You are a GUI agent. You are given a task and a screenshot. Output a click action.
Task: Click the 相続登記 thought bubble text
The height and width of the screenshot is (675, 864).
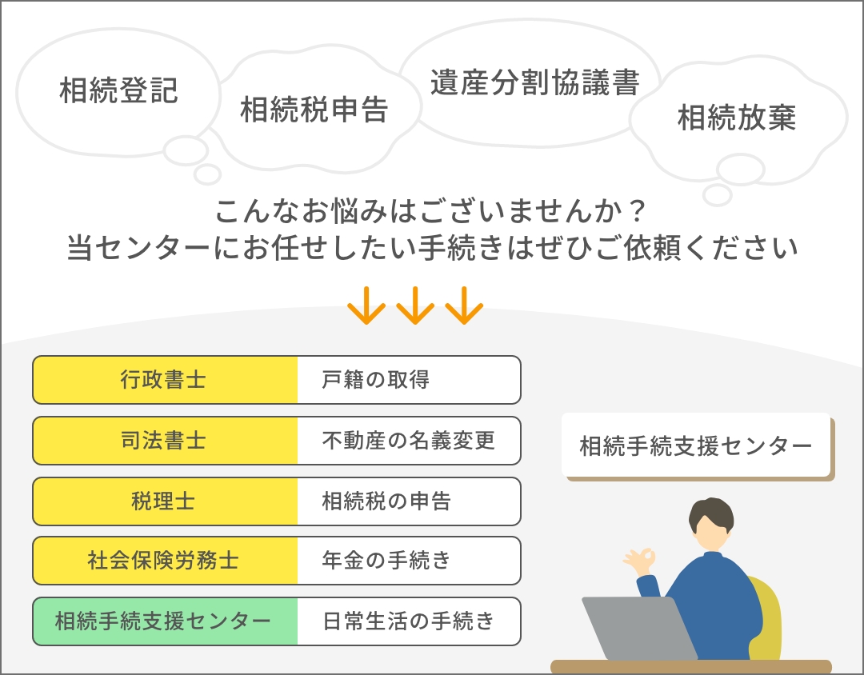tap(118, 90)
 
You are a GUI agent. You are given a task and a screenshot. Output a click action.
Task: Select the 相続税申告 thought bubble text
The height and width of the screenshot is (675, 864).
tap(314, 109)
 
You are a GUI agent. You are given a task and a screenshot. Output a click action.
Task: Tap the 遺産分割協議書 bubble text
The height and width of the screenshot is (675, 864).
tap(534, 82)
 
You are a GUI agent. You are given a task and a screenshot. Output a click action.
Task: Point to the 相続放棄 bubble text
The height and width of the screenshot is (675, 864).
tap(737, 118)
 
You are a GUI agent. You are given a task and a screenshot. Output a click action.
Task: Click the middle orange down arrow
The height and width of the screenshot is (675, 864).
tap(415, 305)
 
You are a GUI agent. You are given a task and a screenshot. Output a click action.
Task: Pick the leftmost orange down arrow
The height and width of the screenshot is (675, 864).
tap(366, 305)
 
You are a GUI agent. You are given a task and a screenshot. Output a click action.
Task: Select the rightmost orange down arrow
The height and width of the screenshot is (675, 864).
tap(464, 305)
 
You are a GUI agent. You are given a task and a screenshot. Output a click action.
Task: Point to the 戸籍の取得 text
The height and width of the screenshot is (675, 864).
tap(375, 380)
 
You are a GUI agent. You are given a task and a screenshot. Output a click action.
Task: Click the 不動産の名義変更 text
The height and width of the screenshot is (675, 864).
tap(408, 440)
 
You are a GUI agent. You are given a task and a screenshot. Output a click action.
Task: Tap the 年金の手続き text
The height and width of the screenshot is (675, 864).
tap(386, 561)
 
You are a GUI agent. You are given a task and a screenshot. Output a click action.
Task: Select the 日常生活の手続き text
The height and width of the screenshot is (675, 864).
tap(408, 621)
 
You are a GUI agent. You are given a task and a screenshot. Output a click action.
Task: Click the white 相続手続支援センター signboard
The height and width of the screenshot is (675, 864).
tap(696, 445)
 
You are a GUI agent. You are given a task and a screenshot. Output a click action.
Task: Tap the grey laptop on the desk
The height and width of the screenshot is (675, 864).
tap(639, 628)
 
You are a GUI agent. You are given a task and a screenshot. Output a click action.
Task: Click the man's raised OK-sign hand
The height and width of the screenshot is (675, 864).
tap(640, 561)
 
